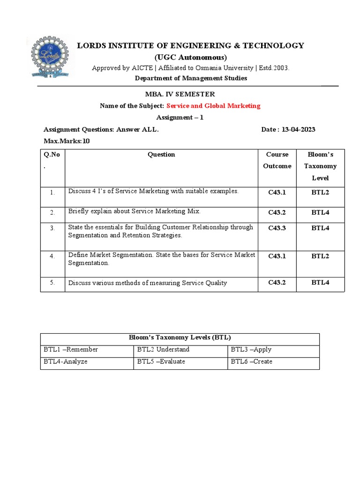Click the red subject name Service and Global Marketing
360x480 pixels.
click(213, 106)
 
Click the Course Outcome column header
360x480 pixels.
click(277, 160)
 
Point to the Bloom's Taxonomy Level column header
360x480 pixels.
click(320, 166)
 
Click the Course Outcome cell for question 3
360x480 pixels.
click(277, 228)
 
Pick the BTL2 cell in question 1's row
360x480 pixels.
click(320, 192)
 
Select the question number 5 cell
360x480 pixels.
click(52, 283)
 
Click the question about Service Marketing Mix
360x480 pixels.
click(134, 211)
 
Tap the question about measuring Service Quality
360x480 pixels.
click(148, 283)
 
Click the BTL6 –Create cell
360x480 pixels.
click(252, 362)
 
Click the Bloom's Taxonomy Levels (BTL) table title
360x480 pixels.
click(180, 337)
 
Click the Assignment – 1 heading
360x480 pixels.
click(180, 118)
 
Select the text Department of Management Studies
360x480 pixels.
click(191, 78)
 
